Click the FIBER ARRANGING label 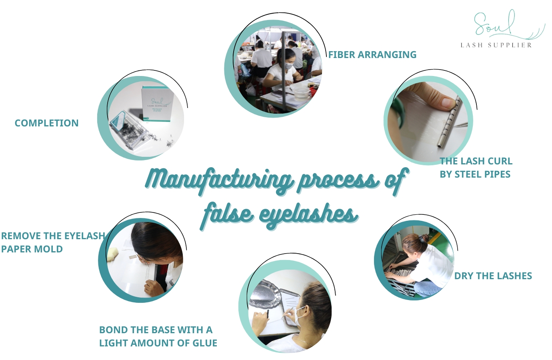(x=372, y=55)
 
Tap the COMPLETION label (x=46, y=123)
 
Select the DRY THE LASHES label (x=493, y=276)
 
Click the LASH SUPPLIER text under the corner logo (x=496, y=45)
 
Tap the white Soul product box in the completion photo (x=157, y=104)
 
